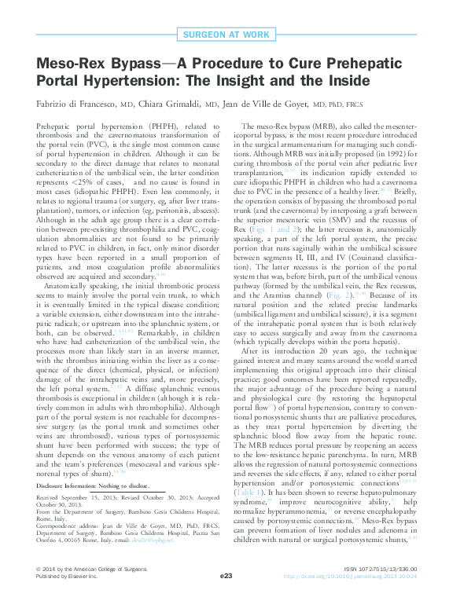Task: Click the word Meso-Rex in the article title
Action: [x=72, y=64]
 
